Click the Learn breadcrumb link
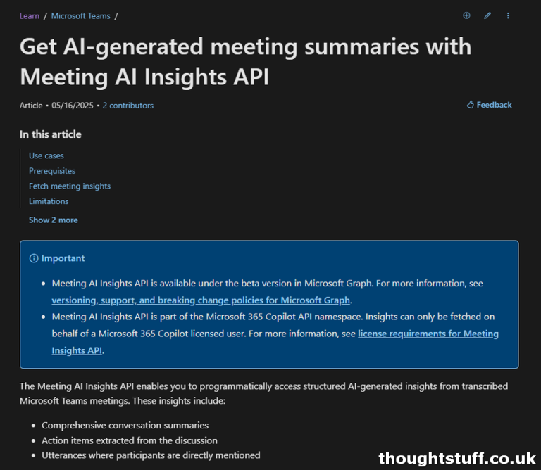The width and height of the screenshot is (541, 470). [x=30, y=15]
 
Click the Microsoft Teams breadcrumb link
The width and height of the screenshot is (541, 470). [x=80, y=15]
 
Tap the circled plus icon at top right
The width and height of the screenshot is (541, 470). [x=466, y=15]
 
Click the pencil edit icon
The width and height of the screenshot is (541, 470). [x=487, y=15]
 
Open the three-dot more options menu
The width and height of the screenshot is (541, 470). [x=509, y=15]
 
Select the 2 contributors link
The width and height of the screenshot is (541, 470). [x=128, y=106]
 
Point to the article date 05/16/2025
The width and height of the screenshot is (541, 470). [x=72, y=106]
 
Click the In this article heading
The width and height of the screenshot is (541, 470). [x=51, y=134]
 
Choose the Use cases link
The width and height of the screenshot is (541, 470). [x=46, y=155]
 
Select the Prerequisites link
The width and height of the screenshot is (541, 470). [x=52, y=171]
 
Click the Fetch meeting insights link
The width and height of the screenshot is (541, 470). [x=70, y=186]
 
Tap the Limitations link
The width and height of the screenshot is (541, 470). [x=49, y=201]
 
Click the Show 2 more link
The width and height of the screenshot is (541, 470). [x=54, y=220]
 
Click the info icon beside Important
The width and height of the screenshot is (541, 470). [x=34, y=258]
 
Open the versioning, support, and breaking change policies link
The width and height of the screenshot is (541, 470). [x=201, y=300]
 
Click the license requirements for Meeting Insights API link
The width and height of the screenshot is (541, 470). [x=428, y=334]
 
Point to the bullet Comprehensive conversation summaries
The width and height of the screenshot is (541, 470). [x=125, y=425]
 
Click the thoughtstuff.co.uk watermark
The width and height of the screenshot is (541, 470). [x=457, y=458]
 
